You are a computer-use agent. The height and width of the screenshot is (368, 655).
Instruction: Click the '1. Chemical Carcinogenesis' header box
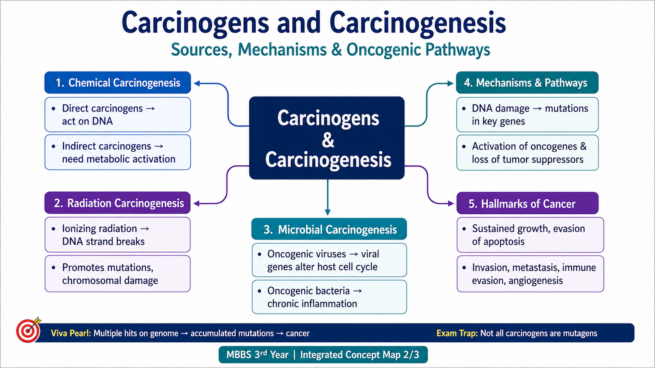coord(117,83)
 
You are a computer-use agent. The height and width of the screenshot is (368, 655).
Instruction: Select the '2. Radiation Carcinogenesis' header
coord(117,203)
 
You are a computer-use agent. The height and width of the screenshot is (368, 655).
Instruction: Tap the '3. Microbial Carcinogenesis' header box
coord(329,229)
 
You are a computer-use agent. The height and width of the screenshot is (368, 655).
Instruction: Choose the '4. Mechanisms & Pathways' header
coord(527,83)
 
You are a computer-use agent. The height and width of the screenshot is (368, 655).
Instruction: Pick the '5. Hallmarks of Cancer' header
coord(528,203)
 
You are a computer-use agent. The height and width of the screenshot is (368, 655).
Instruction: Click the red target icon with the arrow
coord(28,330)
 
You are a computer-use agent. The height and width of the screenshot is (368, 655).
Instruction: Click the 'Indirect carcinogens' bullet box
coord(117,153)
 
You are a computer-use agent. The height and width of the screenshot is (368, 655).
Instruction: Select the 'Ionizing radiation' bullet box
coord(117,235)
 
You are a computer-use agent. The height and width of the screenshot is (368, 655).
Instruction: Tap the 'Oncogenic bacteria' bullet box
coord(329,297)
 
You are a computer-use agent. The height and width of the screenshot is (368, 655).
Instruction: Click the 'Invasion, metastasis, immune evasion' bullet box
coord(530,274)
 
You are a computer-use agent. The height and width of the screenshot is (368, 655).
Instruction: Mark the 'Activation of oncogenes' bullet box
coord(528,153)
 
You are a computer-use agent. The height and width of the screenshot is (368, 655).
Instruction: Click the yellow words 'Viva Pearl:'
coord(71,333)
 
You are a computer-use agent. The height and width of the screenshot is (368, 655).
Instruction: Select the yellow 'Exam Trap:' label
coord(457,333)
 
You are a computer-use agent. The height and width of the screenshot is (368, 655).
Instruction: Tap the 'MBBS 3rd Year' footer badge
coord(323,355)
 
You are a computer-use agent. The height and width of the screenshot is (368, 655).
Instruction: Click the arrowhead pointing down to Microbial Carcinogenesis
coord(327,212)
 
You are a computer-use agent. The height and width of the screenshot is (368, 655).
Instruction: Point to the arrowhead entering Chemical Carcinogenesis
coord(197,83)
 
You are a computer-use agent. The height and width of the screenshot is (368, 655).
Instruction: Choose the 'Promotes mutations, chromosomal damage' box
coord(117,274)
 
